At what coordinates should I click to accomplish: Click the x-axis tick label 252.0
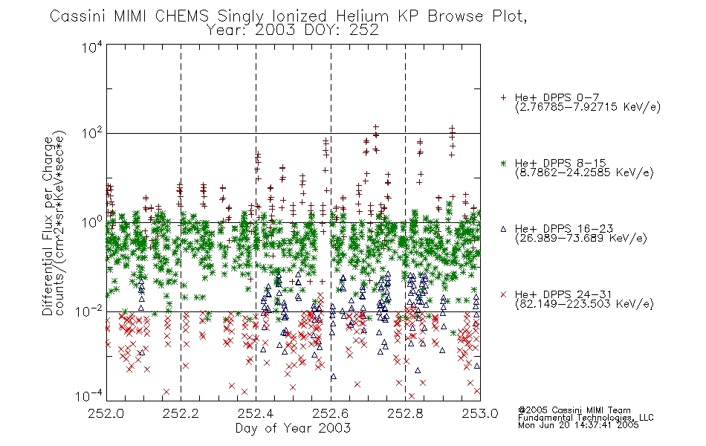tap(106, 413)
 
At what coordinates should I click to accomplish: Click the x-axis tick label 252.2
tap(181, 413)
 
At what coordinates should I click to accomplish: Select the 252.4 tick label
tap(256, 413)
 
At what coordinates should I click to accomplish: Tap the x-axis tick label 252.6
tap(331, 413)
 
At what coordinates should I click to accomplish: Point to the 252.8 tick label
tap(405, 413)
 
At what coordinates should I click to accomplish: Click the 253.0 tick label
tap(480, 413)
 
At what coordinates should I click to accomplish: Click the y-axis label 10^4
tap(92, 48)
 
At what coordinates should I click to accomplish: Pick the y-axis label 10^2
tap(92, 134)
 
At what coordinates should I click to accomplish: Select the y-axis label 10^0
tap(92, 222)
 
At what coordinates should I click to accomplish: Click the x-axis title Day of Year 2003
tap(293, 428)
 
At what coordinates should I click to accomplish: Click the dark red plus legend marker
tap(503, 97)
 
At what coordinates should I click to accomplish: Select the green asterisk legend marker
tap(503, 163)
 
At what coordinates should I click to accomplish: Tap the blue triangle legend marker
tap(503, 229)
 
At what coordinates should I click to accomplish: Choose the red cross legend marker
tap(503, 294)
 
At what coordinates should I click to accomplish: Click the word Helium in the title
tap(363, 16)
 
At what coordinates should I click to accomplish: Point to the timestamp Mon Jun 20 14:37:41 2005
tap(578, 425)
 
